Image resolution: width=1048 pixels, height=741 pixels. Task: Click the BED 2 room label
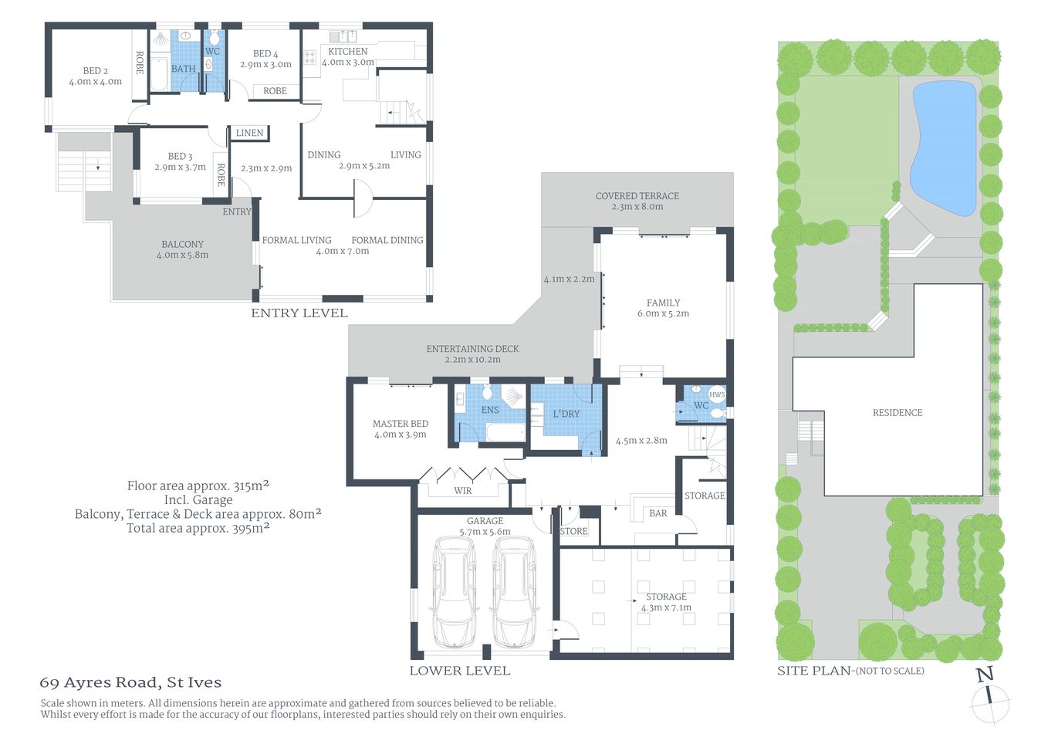coord(95,71)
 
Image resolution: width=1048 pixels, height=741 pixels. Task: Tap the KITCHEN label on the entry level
coord(348,52)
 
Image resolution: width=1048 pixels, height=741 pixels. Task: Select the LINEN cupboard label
coord(249,133)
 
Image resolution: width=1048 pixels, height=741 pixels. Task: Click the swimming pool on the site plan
coord(942,147)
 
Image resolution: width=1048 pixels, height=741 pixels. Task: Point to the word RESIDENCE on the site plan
coord(897,413)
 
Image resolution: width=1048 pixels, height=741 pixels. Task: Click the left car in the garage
coord(454,592)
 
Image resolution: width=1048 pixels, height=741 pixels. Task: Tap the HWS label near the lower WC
coord(717,394)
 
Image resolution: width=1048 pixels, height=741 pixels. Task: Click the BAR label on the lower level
coord(658,513)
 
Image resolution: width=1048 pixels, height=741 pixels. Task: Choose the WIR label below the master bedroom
coord(462,491)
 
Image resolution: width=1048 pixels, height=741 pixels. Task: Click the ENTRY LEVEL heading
coord(299,313)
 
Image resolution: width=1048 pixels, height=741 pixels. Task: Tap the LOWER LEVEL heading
coord(459,671)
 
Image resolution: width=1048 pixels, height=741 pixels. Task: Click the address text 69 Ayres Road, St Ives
coord(130,682)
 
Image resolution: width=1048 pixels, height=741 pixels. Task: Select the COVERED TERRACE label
coord(637,196)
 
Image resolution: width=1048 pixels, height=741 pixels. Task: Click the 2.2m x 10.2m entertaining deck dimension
coord(472,360)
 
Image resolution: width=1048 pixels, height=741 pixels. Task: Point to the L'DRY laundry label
coord(566,414)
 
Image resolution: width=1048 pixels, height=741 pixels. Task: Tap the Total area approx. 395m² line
coord(198,529)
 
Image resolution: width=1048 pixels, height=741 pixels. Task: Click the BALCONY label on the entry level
coord(182,244)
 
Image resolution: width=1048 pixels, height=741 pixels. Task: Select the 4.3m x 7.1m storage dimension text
coord(666,607)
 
